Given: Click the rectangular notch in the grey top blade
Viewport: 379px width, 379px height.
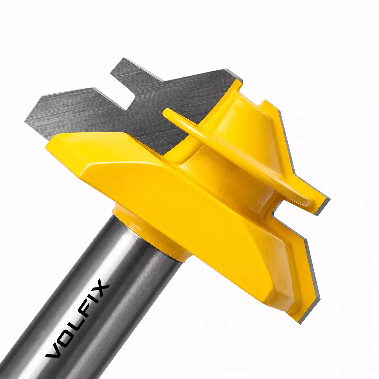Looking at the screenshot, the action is point(122,92).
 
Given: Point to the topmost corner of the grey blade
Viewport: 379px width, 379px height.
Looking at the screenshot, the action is point(124,58).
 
